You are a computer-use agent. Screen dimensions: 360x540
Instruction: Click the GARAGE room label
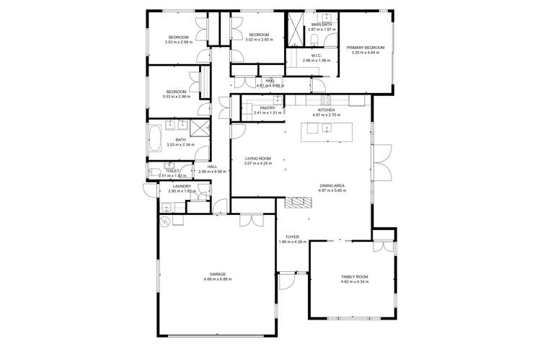tap(218, 274)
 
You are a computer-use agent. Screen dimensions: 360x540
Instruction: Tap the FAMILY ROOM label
tap(355, 277)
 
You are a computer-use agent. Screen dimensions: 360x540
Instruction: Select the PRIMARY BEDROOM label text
tap(368, 48)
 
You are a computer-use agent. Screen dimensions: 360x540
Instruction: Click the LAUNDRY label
tap(182, 186)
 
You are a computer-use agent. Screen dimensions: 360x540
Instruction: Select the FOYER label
tap(292, 237)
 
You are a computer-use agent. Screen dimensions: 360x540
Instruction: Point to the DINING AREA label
tap(332, 186)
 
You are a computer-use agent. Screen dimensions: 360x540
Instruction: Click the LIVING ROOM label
tap(257, 158)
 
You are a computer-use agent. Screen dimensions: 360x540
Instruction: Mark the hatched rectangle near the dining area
tap(296, 203)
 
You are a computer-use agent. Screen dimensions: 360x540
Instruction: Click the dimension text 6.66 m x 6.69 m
tap(218, 279)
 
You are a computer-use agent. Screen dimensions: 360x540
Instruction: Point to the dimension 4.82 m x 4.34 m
tap(355, 282)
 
